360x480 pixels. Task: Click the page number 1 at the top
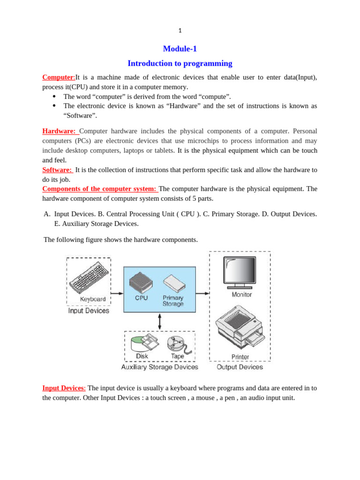[x=180, y=31]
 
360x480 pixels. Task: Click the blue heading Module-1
[x=180, y=49]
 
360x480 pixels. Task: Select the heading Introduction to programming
[x=180, y=63]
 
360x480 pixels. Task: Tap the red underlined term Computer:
[x=59, y=77]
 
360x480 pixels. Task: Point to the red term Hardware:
[x=59, y=131]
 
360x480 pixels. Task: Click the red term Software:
[x=57, y=169]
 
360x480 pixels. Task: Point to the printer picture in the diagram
[x=239, y=328]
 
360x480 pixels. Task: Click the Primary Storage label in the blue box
[x=173, y=300]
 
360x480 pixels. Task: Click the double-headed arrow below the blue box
[x=160, y=322]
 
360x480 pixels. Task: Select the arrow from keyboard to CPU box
[x=117, y=293]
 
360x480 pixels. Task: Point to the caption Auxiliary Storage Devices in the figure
[x=159, y=367]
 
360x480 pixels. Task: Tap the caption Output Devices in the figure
[x=240, y=367]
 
